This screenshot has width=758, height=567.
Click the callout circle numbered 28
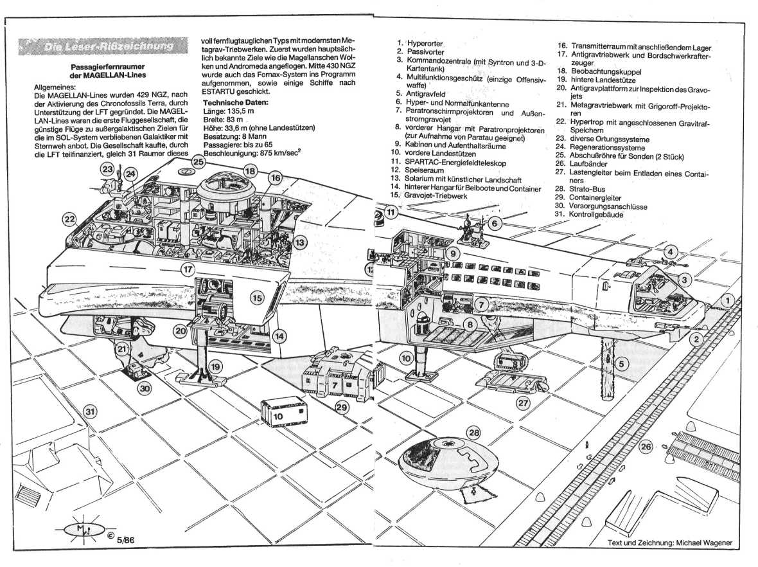click(x=474, y=432)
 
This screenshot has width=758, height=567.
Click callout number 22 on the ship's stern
click(x=69, y=219)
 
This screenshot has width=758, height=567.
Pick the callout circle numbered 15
click(x=257, y=298)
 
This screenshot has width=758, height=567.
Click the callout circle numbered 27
click(x=523, y=403)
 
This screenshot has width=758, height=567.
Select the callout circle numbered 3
click(x=685, y=280)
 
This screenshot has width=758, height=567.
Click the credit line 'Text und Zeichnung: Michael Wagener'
click(x=669, y=543)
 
